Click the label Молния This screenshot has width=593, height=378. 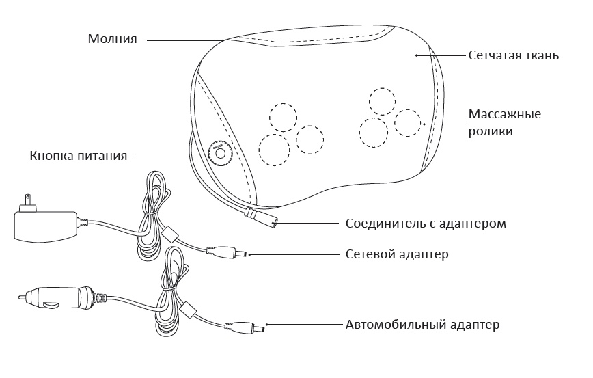[113, 39]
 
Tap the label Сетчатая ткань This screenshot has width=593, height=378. [514, 55]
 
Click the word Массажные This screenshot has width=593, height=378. [504, 113]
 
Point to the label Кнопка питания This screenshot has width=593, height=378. [79, 156]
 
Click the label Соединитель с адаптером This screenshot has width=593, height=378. [426, 224]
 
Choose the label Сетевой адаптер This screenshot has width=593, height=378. [397, 255]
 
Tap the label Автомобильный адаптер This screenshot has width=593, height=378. [422, 324]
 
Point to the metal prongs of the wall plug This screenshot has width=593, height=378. [26, 203]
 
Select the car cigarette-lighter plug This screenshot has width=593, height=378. [55, 298]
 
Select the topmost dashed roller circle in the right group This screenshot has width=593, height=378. [382, 100]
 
